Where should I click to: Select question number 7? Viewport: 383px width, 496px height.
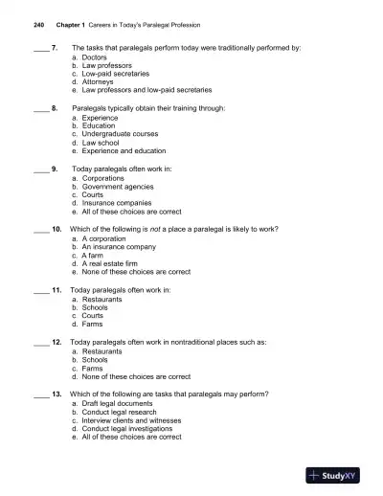click(54, 46)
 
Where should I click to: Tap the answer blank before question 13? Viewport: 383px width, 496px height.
click(40, 394)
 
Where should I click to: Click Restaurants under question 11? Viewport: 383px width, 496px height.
click(101, 299)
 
